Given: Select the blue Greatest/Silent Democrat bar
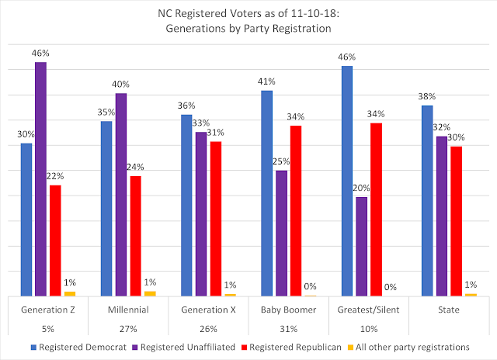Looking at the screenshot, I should point(347,181).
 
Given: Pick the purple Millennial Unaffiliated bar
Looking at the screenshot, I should point(121,194).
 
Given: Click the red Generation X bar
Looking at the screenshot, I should point(215,218).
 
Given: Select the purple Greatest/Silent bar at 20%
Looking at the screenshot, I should point(362,246).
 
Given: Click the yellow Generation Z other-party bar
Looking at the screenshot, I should point(71,293).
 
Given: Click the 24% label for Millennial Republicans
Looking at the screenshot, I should point(136,166).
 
